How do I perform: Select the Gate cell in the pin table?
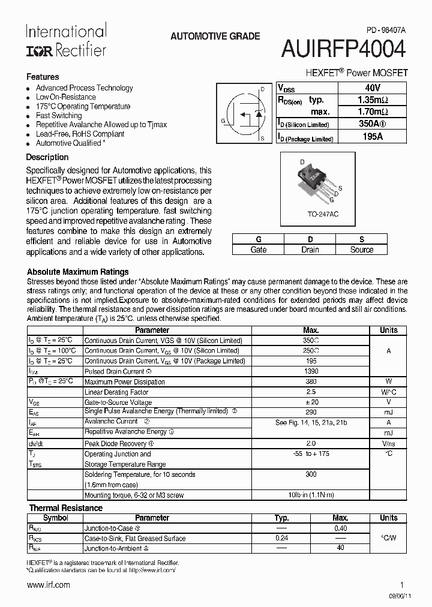point(258,250)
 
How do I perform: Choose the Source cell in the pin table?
point(361,250)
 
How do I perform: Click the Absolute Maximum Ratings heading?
point(78,272)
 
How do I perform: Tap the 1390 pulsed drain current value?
point(311,372)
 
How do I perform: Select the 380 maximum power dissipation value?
point(311,382)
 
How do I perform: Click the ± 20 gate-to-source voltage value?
point(311,402)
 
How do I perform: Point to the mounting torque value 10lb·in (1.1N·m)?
point(311,495)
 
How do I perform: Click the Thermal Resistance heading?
point(66,508)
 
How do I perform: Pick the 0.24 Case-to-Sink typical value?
point(281,538)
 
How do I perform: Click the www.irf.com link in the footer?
point(49,585)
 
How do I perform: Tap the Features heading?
point(43,77)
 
